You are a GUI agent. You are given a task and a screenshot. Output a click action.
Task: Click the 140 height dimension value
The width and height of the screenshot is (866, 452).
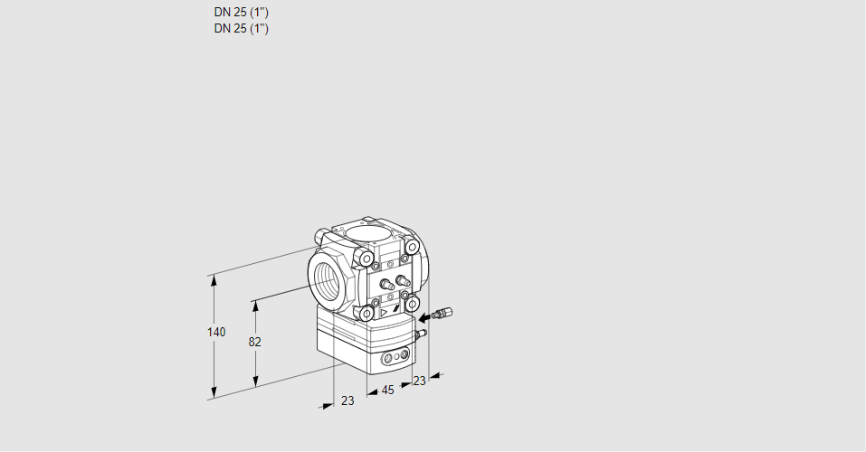[215, 333]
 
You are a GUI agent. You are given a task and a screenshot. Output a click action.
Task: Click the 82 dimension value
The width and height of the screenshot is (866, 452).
[254, 342]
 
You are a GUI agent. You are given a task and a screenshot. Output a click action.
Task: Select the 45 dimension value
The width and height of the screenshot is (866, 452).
[387, 391]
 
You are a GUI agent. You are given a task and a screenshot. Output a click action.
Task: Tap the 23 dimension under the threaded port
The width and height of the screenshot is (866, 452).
[347, 400]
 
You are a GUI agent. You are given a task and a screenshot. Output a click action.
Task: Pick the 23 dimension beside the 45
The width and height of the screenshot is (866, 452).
[418, 381]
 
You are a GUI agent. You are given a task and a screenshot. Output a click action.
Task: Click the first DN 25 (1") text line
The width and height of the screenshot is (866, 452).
[241, 13]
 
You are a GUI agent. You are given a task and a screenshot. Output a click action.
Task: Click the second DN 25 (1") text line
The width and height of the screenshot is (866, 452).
[241, 28]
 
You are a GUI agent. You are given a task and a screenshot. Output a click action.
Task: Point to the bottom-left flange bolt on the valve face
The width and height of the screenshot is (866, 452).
[366, 313]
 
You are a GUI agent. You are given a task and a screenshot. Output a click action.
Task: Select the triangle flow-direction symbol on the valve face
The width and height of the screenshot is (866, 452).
[385, 312]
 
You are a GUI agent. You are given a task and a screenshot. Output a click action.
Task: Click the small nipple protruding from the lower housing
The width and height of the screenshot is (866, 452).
[419, 334]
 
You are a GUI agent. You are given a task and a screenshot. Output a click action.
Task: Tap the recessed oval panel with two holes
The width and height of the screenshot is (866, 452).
[395, 359]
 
